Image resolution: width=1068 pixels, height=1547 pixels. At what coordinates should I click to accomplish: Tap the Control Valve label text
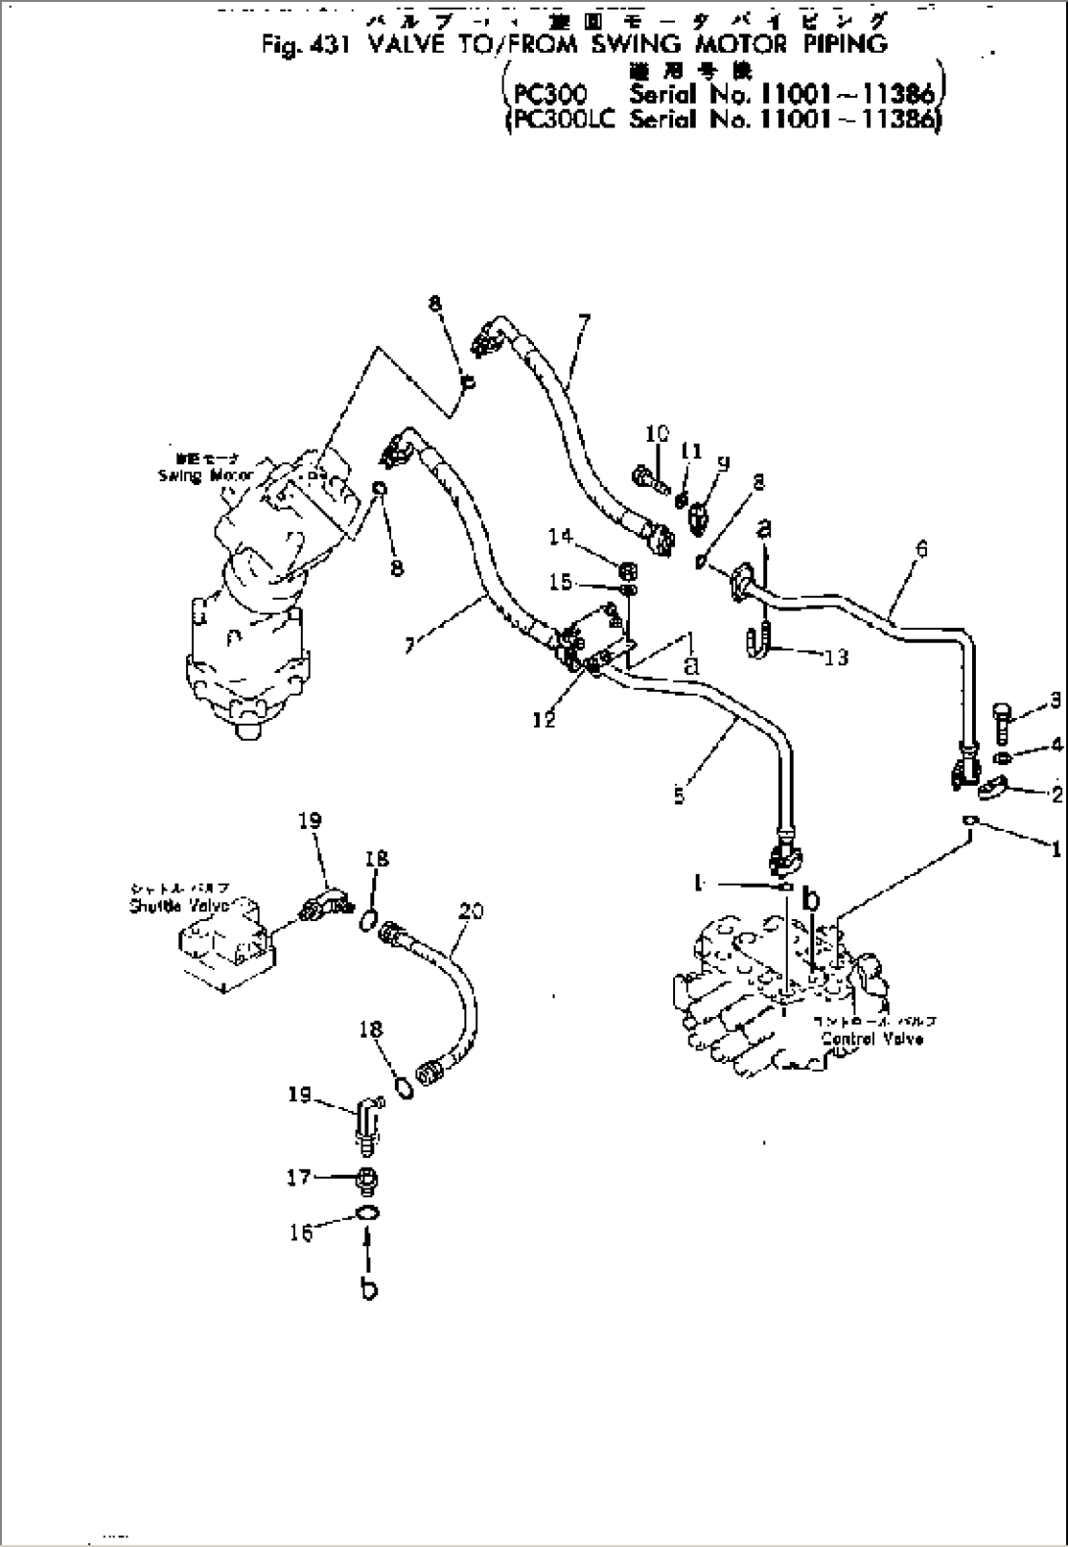pos(871,1039)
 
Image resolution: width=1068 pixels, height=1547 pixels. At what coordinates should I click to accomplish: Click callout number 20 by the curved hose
pos(471,911)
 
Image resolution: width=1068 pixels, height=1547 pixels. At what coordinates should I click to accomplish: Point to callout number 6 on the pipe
pos(920,551)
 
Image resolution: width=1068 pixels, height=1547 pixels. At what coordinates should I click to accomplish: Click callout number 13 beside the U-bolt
pos(836,656)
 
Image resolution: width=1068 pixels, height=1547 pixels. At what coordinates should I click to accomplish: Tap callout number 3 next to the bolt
pos(1055,700)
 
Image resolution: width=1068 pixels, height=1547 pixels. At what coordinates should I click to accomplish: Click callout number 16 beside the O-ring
pos(301,1232)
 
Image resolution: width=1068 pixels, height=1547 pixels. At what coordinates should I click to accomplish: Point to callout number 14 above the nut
pos(560,536)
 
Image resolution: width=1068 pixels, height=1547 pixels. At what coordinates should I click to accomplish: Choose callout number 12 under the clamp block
pos(545,720)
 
